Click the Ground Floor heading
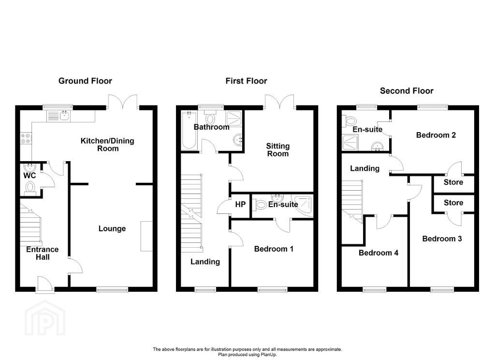coord(85,81)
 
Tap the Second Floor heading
coord(407,91)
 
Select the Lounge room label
coord(112,228)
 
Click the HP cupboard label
coord(240,205)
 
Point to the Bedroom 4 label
coord(378,253)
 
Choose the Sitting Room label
coord(278,150)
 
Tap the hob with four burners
coord(26,138)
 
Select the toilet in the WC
coord(30,187)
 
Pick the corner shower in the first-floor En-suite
coord(304,207)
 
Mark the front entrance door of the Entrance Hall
coord(44,284)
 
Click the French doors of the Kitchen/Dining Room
coord(123,102)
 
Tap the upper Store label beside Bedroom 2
coord(453,182)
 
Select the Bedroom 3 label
coord(442,239)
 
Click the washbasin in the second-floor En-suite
coord(377,146)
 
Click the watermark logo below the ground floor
coord(45,318)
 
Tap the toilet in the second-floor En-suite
coord(349,120)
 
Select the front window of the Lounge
coord(112,289)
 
